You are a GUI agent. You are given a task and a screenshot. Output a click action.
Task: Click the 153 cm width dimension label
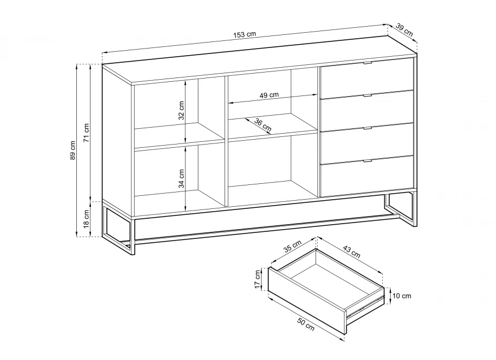[245, 34]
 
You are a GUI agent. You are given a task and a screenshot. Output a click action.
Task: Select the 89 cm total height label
[72, 150]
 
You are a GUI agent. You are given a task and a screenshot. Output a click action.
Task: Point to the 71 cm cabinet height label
[86, 133]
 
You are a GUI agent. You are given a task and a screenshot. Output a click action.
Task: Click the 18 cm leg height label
[86, 219]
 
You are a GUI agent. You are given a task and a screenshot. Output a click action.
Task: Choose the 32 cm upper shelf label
[182, 111]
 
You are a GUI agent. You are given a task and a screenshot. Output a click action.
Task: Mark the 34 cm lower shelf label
[182, 178]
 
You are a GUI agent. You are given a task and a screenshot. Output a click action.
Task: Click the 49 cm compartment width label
[269, 95]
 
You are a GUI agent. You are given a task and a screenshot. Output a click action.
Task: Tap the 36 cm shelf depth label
[263, 125]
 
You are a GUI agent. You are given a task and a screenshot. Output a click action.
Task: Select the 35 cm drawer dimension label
[292, 247]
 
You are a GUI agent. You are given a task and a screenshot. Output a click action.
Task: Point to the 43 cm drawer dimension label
[352, 251]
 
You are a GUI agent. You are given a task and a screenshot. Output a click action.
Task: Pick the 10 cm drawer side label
[402, 296]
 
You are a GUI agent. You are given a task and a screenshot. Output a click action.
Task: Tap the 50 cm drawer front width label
[306, 324]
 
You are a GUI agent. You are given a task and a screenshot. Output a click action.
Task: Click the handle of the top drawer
[367, 64]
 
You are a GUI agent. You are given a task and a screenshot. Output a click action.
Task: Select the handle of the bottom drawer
[367, 161]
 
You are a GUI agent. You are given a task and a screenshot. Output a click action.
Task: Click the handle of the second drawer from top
[367, 95]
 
